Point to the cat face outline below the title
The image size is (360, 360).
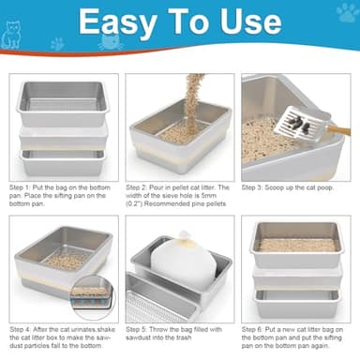click(110, 43)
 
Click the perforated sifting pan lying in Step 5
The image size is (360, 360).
click(159, 305)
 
